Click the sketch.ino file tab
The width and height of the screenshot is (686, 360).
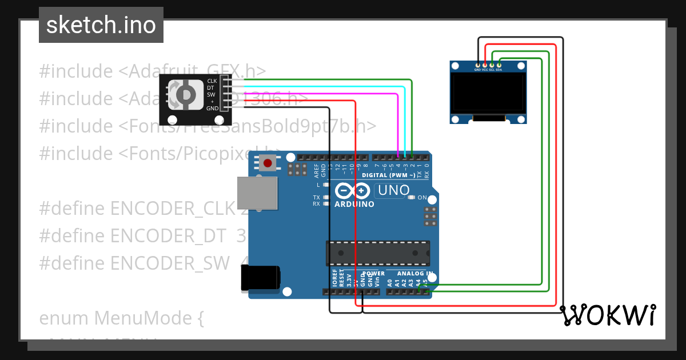101,25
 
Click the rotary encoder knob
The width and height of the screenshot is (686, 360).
186,94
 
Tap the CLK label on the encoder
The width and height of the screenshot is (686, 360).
212,81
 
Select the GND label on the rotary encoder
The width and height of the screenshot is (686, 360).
212,108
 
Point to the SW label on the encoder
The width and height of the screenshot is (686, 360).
211,94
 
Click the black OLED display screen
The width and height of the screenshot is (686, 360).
488,93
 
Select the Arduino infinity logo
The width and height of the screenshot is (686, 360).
353,191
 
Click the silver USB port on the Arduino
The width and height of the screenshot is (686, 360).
257,193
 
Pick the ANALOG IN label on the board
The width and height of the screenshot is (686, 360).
414,274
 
